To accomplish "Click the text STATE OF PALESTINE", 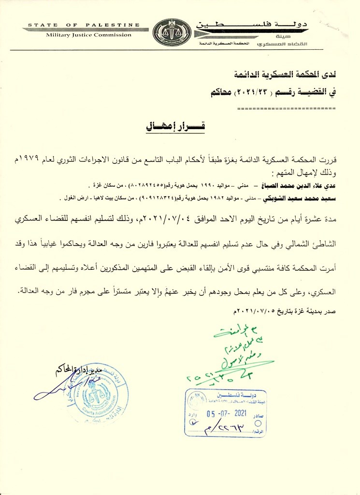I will [x=84, y=25].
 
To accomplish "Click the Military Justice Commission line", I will [x=88, y=35].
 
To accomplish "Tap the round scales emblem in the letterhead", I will [x=172, y=32].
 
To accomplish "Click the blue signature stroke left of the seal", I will [x=48, y=392].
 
